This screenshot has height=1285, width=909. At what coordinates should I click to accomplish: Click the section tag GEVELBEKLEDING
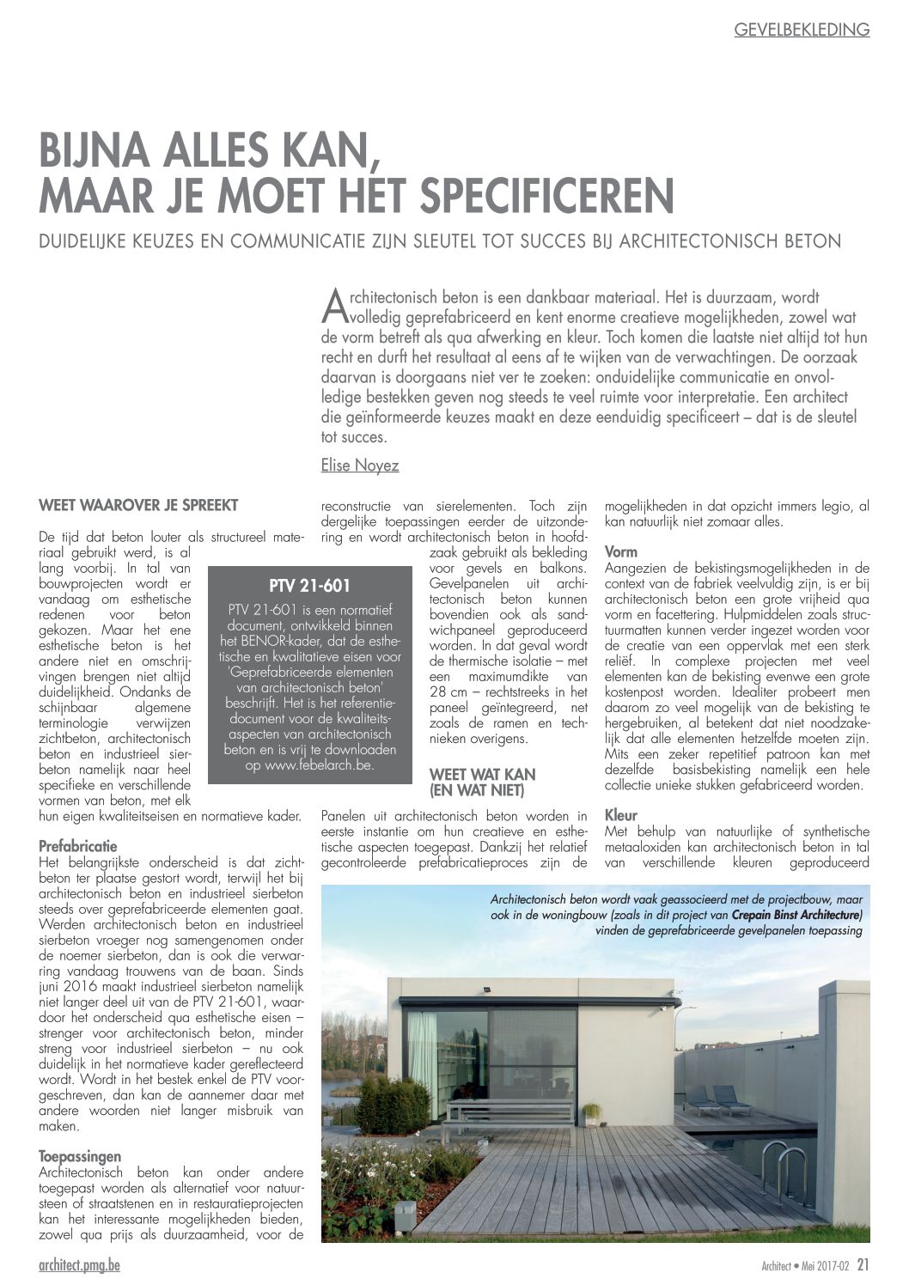(802, 30)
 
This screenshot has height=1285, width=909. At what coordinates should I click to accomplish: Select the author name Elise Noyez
(359, 466)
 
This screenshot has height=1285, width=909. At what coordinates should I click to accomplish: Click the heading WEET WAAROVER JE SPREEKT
(138, 505)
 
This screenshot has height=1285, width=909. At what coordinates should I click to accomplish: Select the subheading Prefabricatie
(78, 845)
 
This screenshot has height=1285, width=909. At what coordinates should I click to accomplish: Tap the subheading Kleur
(621, 815)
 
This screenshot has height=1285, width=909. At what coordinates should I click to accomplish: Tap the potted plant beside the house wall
(591, 1111)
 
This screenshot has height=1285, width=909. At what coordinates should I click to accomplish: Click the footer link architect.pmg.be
(79, 1267)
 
